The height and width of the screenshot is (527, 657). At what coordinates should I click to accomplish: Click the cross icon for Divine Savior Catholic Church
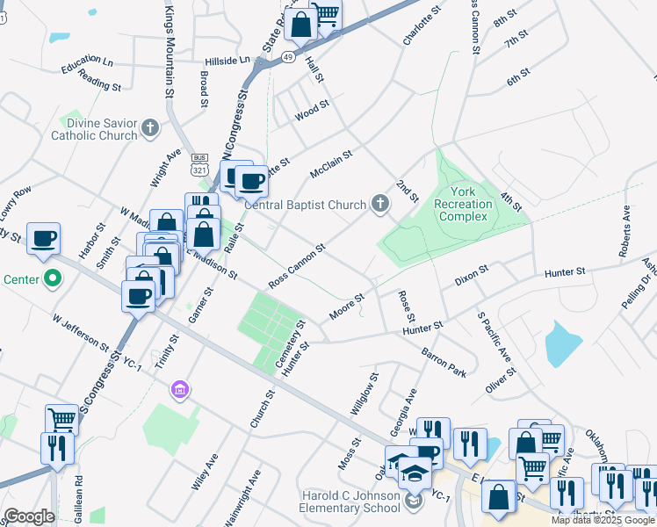point(150,128)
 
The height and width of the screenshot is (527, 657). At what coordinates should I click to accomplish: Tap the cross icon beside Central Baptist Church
point(379,205)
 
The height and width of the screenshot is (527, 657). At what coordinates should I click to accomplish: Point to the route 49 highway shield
point(288,56)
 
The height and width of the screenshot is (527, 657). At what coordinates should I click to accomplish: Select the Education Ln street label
point(87,63)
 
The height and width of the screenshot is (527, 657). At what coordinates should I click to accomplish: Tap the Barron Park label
point(444,360)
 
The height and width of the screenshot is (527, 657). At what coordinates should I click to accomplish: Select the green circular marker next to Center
point(53,280)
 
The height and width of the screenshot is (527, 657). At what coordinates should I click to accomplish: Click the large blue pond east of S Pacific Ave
point(563,343)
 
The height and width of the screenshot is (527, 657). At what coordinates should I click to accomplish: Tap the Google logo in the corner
point(28,516)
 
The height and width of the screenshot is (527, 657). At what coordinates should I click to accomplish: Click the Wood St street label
point(312,111)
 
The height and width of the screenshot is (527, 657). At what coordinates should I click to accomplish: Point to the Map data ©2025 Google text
point(603,520)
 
